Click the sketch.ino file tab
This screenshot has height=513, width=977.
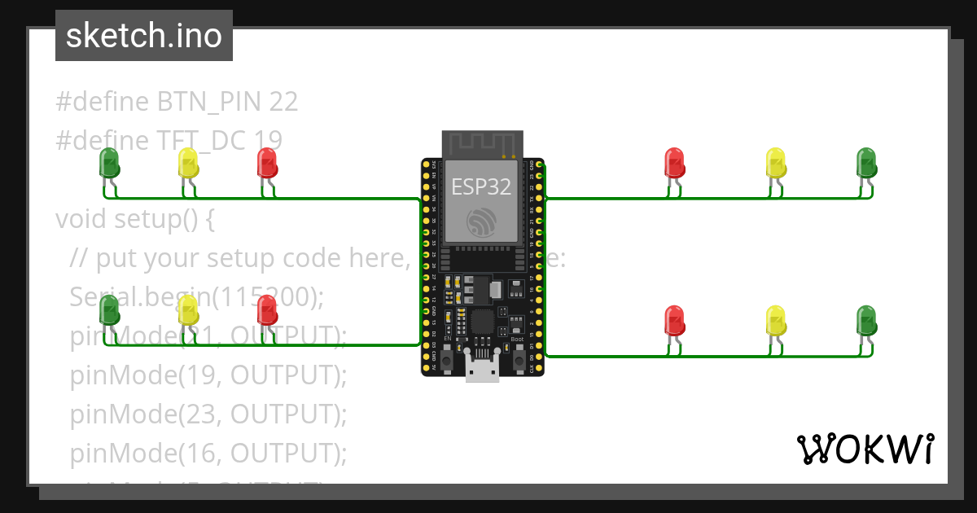point(144,36)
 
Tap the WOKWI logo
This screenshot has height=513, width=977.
point(865,449)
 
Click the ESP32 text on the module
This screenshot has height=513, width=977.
point(482,186)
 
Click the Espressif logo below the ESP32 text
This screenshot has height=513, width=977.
point(482,221)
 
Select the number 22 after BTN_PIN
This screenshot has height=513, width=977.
point(282,102)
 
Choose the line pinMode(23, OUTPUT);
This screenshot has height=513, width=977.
point(208,414)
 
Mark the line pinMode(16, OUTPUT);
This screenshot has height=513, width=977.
point(208,453)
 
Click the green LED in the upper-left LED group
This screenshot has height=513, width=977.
point(109,163)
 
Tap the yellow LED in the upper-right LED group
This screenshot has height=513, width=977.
point(776,163)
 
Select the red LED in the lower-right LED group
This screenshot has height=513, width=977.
point(674,321)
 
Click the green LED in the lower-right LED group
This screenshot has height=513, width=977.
point(866,321)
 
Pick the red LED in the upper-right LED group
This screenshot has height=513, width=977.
point(674,163)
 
